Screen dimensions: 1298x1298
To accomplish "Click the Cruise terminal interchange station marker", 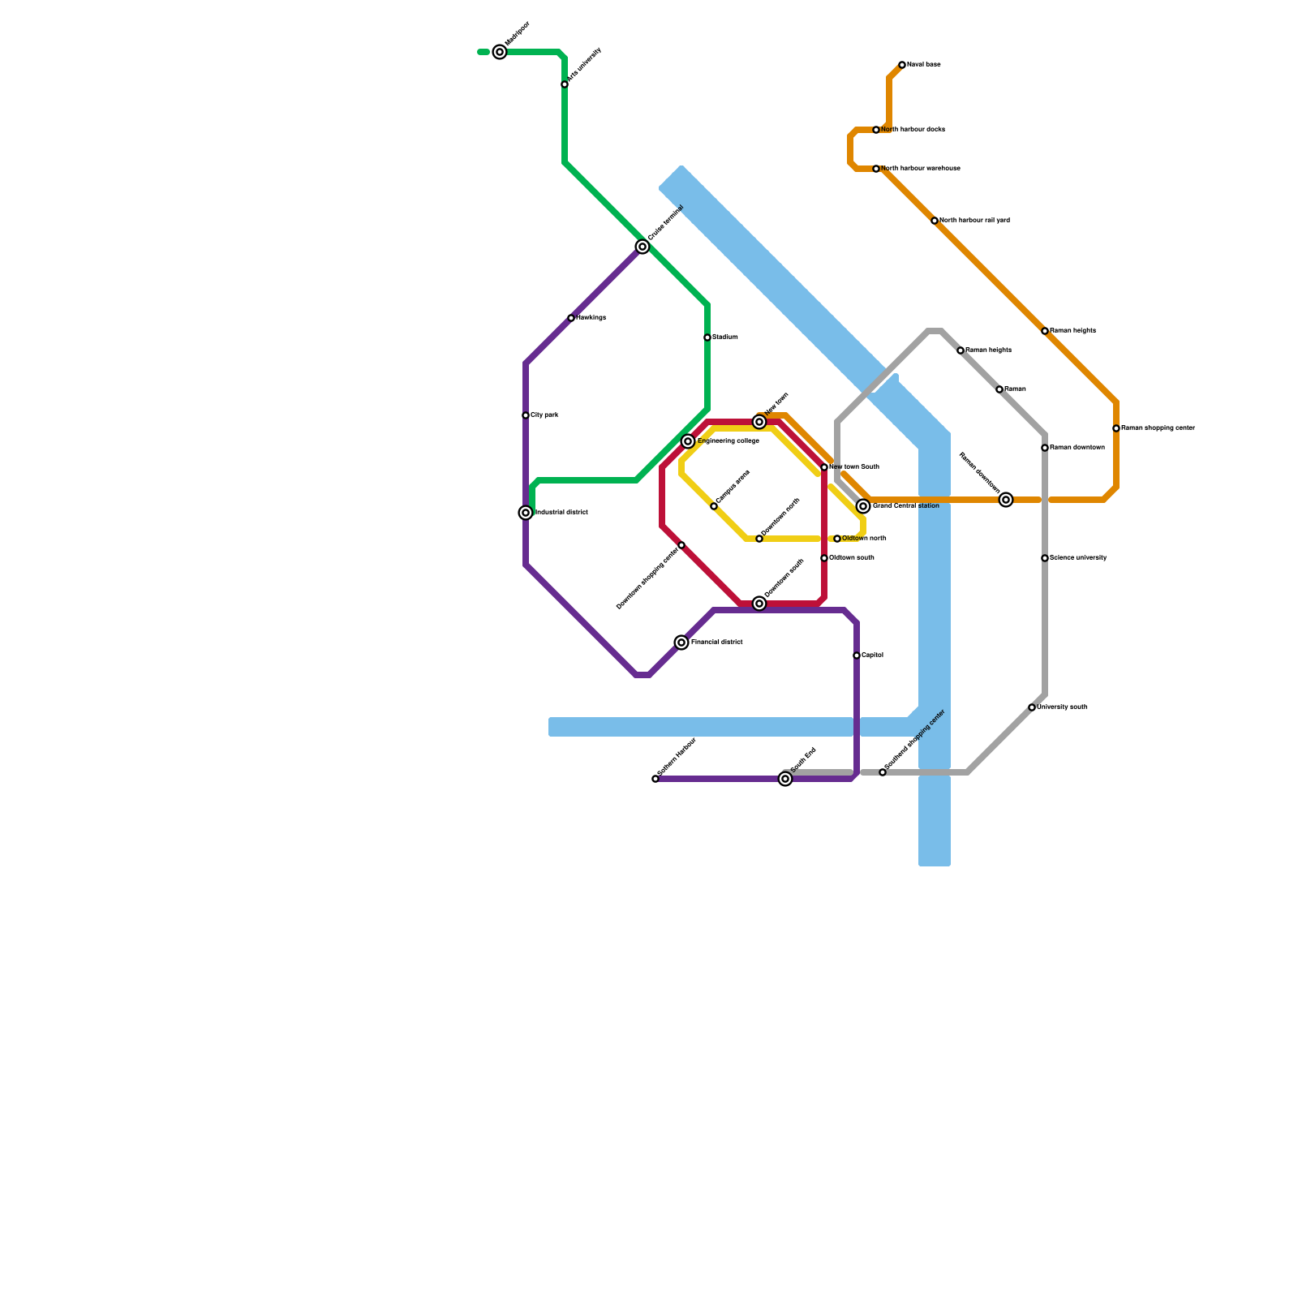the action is click(x=643, y=247).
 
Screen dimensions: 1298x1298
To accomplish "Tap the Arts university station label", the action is click(x=585, y=65).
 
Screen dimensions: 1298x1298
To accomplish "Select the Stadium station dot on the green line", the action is click(x=707, y=337).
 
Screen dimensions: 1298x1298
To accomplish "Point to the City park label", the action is click(x=544, y=415).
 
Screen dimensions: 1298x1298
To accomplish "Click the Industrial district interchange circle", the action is click(x=526, y=513).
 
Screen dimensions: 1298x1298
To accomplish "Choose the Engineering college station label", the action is click(x=728, y=441).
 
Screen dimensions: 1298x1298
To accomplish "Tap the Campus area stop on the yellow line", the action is click(x=714, y=506).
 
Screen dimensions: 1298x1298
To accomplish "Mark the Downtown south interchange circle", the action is click(x=759, y=604).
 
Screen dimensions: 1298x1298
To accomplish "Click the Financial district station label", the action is click(x=716, y=643).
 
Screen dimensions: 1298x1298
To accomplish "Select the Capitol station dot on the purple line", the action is click(x=857, y=655).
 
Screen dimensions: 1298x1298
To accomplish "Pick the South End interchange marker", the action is click(x=785, y=779).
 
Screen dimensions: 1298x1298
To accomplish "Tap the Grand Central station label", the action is click(x=905, y=506).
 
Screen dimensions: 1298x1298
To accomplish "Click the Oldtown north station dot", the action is click(x=837, y=539).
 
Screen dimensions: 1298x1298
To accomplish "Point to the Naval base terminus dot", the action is click(x=902, y=65).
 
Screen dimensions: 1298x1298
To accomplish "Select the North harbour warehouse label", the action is click(x=921, y=169).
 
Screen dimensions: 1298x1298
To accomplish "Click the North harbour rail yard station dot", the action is click(x=935, y=221).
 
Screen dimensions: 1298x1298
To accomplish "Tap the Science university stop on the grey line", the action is click(x=1045, y=558).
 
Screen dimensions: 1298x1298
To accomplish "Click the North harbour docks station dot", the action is click(x=876, y=130).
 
